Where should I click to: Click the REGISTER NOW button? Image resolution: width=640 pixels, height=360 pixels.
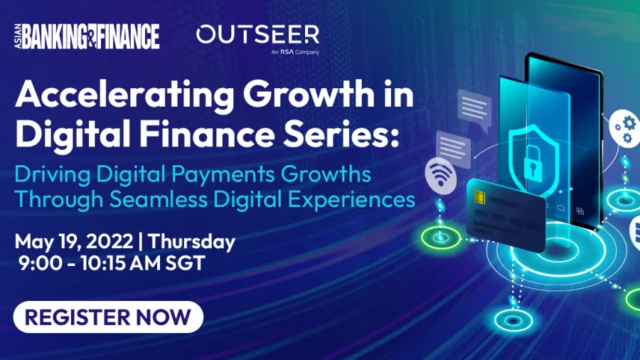[x=108, y=317]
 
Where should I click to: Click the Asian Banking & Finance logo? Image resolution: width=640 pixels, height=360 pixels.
[x=87, y=36]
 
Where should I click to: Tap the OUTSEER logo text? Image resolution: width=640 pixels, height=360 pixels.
[x=257, y=34]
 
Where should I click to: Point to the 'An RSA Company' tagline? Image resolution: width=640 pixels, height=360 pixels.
[x=295, y=52]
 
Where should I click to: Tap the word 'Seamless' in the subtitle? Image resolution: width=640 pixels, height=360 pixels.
[x=159, y=200]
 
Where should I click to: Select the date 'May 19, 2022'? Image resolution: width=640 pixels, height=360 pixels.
[x=74, y=242]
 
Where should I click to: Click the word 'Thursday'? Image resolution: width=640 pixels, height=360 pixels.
[x=191, y=242]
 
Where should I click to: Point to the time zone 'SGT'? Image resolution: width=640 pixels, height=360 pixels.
[x=185, y=263]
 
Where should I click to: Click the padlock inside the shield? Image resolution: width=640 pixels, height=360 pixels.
[x=533, y=162]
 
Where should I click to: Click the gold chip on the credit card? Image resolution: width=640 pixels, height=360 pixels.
[x=480, y=197]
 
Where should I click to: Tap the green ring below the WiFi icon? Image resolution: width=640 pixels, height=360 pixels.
[x=440, y=238]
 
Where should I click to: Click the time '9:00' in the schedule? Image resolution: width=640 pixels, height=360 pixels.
[x=41, y=263]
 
